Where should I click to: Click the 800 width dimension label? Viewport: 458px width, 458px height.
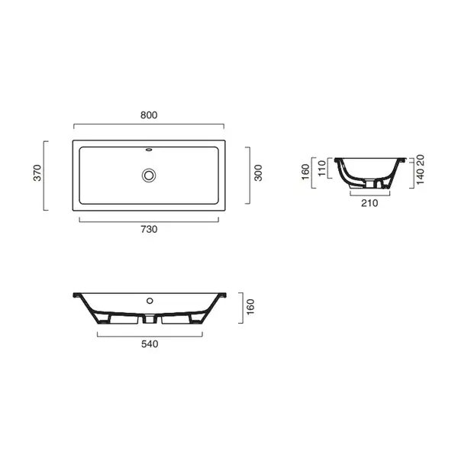coord(149,115)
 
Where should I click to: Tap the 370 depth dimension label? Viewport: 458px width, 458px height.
coord(37,173)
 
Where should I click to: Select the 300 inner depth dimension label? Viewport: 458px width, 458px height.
coord(258,173)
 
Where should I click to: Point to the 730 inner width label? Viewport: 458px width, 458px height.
coord(149,229)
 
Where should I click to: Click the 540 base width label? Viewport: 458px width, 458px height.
coord(150,344)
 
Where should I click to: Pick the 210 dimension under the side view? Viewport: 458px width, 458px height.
coord(369,203)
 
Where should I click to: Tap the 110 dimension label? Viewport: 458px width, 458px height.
coord(321,168)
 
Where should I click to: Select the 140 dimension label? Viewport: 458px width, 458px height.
coord(420,176)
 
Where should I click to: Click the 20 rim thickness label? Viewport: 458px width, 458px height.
coord(420,160)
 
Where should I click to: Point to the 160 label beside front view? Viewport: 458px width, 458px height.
coord(250,307)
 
